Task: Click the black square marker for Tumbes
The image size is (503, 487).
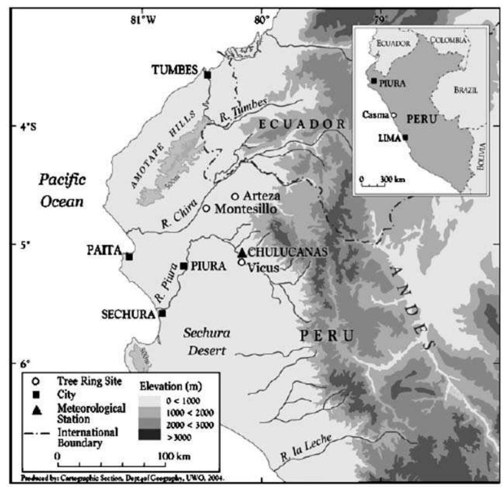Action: click(208, 75)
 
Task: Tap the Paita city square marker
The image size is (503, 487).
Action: click(130, 257)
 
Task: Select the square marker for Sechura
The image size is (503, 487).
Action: click(162, 313)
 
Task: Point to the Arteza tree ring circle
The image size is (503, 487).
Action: click(235, 196)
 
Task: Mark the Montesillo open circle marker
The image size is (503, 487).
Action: click(206, 208)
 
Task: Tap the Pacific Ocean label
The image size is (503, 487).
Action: click(62, 191)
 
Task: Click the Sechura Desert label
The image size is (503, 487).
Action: click(206, 342)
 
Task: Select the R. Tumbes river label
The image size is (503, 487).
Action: click(243, 111)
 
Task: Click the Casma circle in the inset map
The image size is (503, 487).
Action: click(394, 116)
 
